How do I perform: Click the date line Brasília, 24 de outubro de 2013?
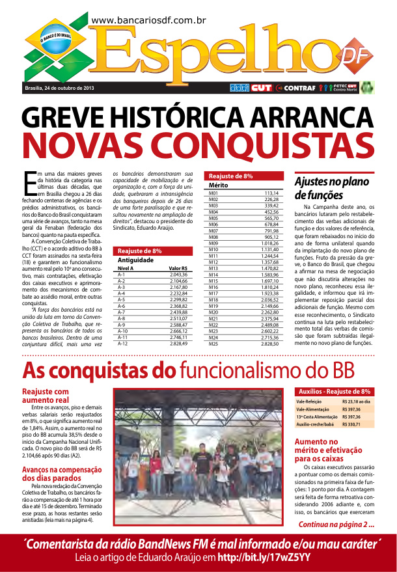tap(59, 87)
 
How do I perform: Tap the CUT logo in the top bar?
tap(261, 87)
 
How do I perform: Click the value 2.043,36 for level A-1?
tap(178, 275)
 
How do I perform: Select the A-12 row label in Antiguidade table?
tap(122, 344)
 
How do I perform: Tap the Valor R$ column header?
tap(178, 268)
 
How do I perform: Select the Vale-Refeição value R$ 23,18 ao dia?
tap(356, 402)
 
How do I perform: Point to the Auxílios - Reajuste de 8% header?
tap(334, 392)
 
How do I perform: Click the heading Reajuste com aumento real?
tap(46, 396)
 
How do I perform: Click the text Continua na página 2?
tap(336, 524)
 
